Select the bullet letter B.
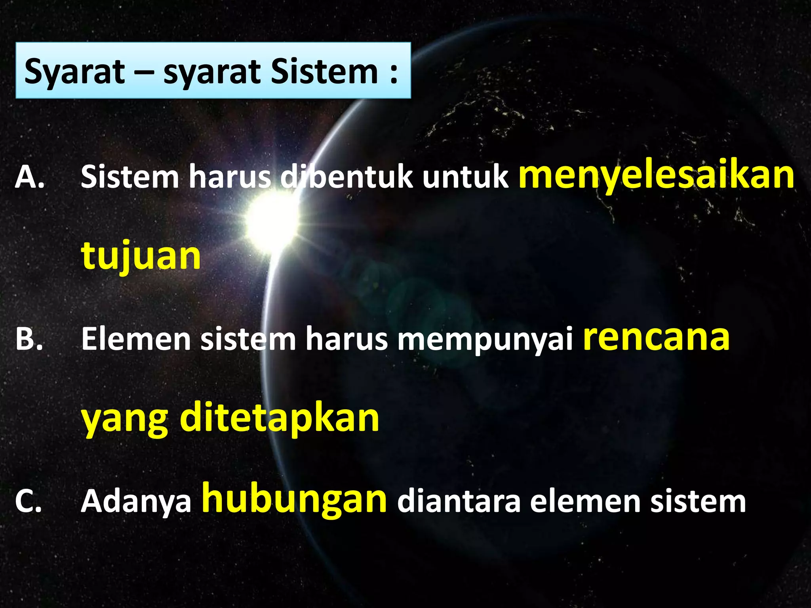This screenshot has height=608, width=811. [x=29, y=339]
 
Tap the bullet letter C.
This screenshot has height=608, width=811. [x=28, y=502]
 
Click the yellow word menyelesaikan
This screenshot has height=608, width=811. [x=656, y=176]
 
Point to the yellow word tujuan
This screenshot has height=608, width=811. [x=141, y=256]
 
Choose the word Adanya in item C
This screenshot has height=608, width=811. [x=136, y=502]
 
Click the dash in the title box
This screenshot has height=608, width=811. [x=144, y=73]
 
